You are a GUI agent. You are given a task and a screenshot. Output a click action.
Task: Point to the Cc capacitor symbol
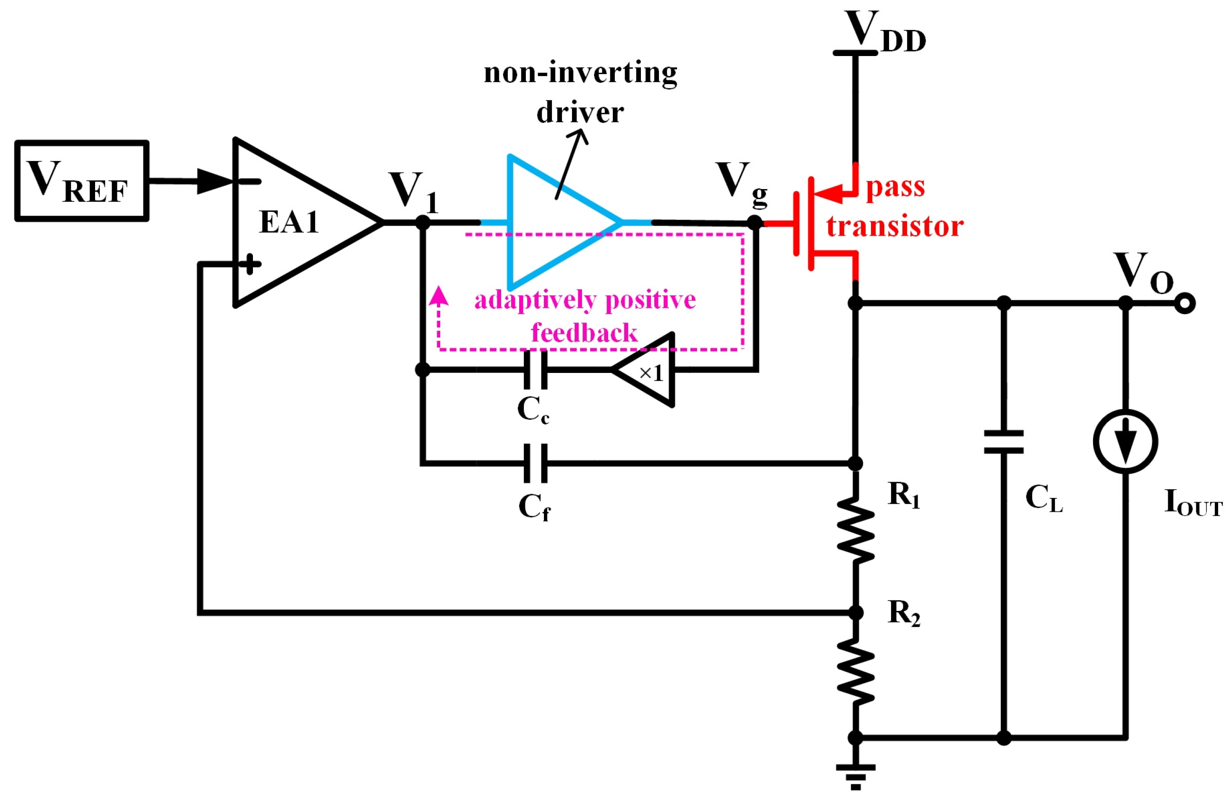click(535, 370)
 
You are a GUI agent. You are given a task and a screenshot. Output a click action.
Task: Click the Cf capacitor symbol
click(535, 463)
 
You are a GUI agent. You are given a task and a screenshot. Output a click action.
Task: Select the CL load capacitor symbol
click(1003, 441)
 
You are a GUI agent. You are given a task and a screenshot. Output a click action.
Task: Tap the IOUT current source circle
click(1125, 441)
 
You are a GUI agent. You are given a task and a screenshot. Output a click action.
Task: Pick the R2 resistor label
click(903, 613)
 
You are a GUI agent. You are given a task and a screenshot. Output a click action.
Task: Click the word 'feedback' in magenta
click(584, 333)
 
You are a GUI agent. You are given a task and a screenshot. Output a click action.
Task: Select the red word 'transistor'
click(894, 226)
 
